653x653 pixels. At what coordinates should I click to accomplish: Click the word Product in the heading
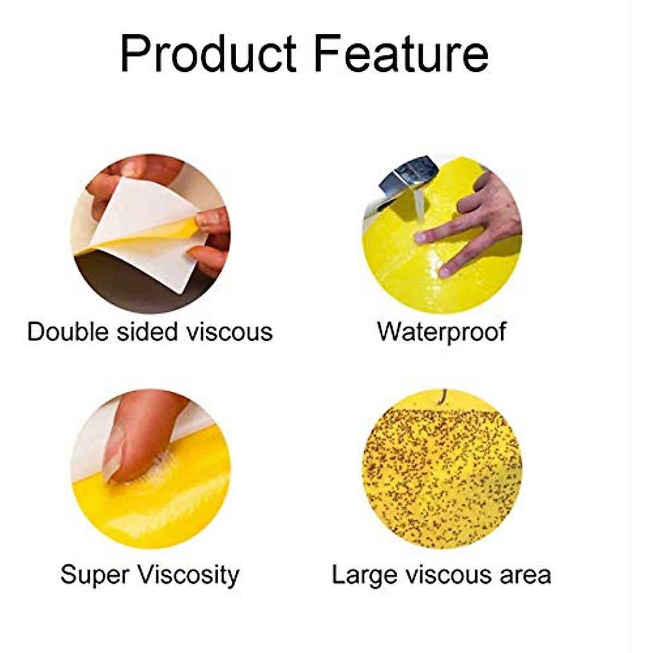pos(208,54)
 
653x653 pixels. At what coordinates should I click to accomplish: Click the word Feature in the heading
pos(401,54)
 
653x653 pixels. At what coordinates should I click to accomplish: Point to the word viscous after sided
pos(229,332)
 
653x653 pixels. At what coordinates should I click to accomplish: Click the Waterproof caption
pos(441,332)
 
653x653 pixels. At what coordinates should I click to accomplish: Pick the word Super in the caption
pos(94,575)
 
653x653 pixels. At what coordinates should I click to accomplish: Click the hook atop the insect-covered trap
pos(443,396)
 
